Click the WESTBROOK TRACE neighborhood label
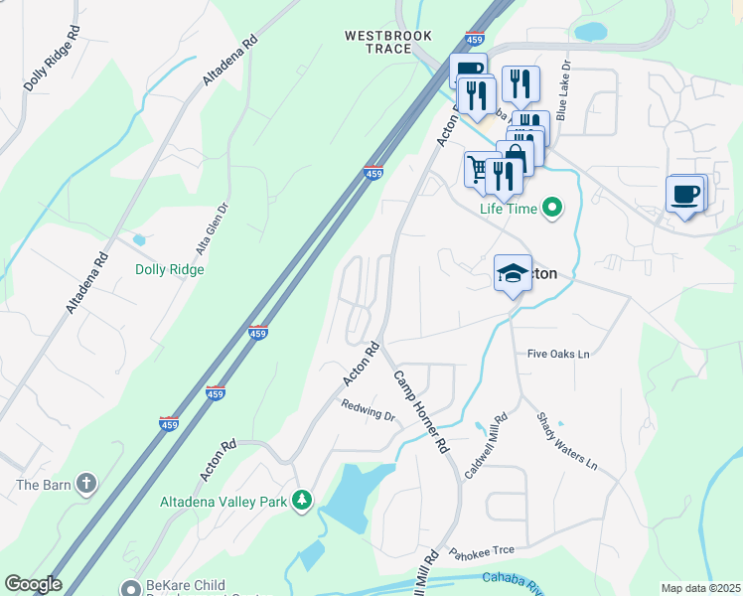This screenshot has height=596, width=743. pos(388,42)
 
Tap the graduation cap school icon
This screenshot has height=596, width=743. pos(513,274)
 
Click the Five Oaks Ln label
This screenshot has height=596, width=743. pos(558,354)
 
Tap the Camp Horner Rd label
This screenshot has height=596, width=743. pos(421,412)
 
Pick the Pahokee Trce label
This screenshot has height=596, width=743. pos(481,552)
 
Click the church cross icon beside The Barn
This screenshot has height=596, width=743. pos(86,484)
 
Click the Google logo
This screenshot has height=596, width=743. pos(33,584)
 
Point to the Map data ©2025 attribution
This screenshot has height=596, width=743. pos(699,588)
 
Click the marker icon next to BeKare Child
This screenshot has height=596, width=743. pos(129,587)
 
